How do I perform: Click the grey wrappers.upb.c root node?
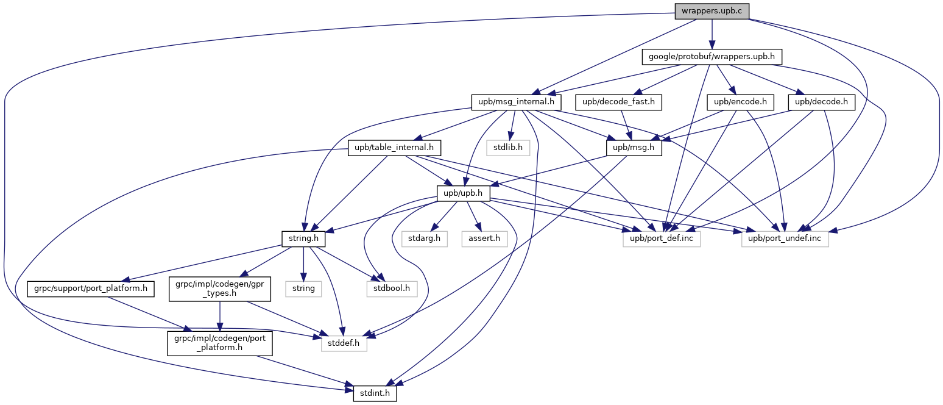click(x=712, y=11)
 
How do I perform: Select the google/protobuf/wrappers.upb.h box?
click(x=712, y=57)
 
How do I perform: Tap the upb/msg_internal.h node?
click(x=516, y=102)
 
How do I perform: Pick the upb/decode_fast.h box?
click(x=618, y=102)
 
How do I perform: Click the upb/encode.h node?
click(x=740, y=102)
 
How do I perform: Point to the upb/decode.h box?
click(x=821, y=102)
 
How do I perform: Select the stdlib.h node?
click(x=508, y=148)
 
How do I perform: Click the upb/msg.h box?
click(x=634, y=148)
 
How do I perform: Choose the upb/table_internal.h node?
click(x=394, y=148)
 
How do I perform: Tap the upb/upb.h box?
click(x=464, y=193)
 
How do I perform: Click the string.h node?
click(x=303, y=239)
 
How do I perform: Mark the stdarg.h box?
click(x=425, y=239)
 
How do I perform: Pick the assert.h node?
click(x=484, y=239)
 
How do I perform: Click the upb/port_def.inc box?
click(x=662, y=239)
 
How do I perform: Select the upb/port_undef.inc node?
click(x=785, y=239)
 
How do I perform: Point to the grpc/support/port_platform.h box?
click(x=91, y=289)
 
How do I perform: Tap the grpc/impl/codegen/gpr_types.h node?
click(x=220, y=289)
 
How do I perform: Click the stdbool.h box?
click(x=392, y=289)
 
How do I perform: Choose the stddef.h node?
click(x=344, y=343)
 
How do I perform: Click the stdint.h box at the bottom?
click(x=375, y=393)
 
